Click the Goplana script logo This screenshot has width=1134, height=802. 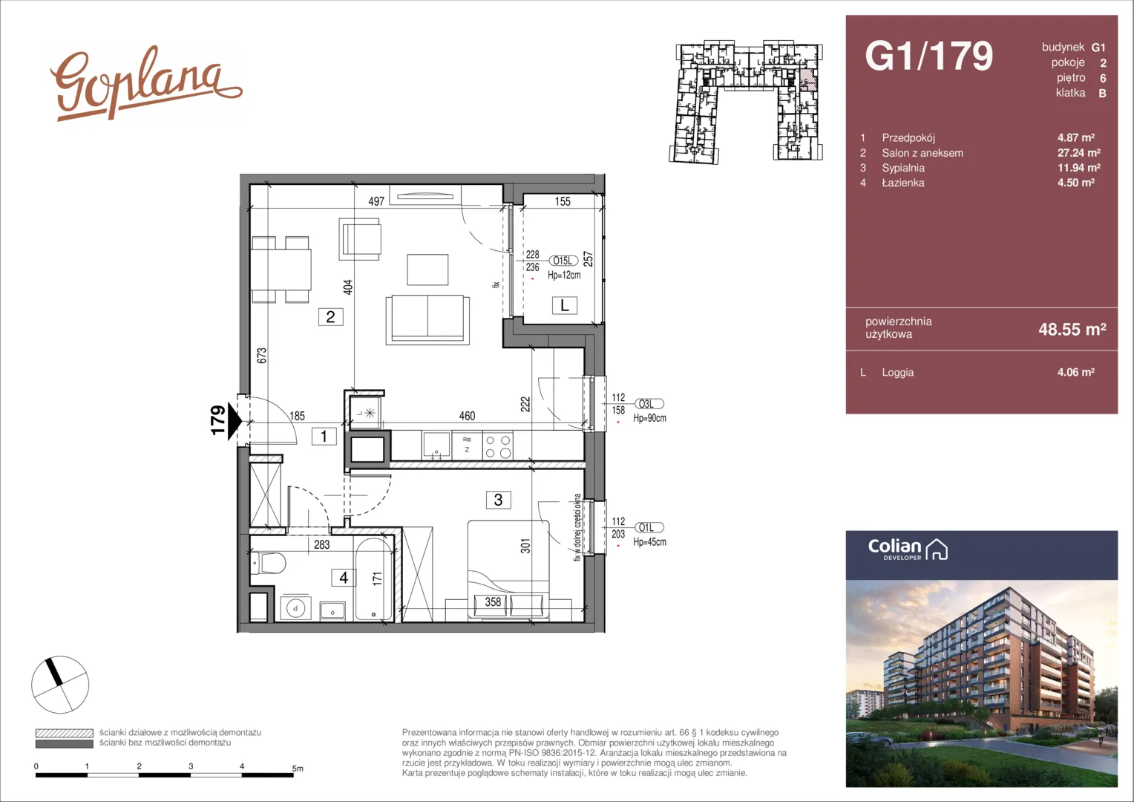145,83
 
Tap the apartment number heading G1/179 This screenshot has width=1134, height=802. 929,56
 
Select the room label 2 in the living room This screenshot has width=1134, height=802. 330,317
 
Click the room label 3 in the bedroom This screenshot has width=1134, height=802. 498,500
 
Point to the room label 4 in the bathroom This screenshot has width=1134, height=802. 344,578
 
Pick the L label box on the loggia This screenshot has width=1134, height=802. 565,305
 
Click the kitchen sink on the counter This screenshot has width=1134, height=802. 436,446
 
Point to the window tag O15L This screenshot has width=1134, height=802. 563,261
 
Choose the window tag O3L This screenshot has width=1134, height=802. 649,404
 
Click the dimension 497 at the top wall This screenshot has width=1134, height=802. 376,202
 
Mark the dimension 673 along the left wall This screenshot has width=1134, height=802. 261,355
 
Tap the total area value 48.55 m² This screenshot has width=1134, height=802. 1072,329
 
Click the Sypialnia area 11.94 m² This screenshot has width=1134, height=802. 1079,168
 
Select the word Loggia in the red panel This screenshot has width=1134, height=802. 897,372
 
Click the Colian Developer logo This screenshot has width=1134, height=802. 908,550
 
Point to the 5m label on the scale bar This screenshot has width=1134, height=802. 298,768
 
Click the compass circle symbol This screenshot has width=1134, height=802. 60,685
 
